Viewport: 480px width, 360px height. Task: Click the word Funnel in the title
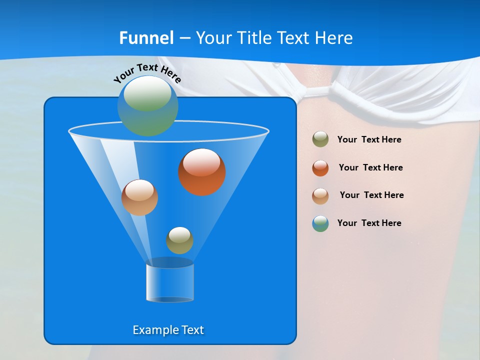pos(146,38)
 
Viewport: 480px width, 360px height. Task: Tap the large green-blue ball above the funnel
pos(147,105)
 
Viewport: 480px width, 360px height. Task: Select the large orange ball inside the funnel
pos(202,172)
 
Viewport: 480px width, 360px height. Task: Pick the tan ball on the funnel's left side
pos(139,197)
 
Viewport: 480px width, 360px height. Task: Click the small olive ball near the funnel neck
pos(179,240)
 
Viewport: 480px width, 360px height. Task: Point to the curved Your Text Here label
pos(147,72)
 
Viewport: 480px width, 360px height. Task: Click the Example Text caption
pos(168,330)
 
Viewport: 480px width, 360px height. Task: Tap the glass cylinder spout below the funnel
pos(170,282)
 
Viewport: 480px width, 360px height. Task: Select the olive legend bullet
pos(320,139)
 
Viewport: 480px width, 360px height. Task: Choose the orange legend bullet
pos(320,168)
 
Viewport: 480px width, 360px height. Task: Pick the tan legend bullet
pos(320,195)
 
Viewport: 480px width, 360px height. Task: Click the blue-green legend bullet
pos(320,223)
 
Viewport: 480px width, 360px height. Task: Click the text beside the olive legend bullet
pos(369,140)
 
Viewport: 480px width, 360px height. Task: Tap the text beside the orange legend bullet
pos(370,168)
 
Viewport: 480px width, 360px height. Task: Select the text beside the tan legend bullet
pos(371,195)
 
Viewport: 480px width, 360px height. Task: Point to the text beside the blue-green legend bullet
pos(369,223)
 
